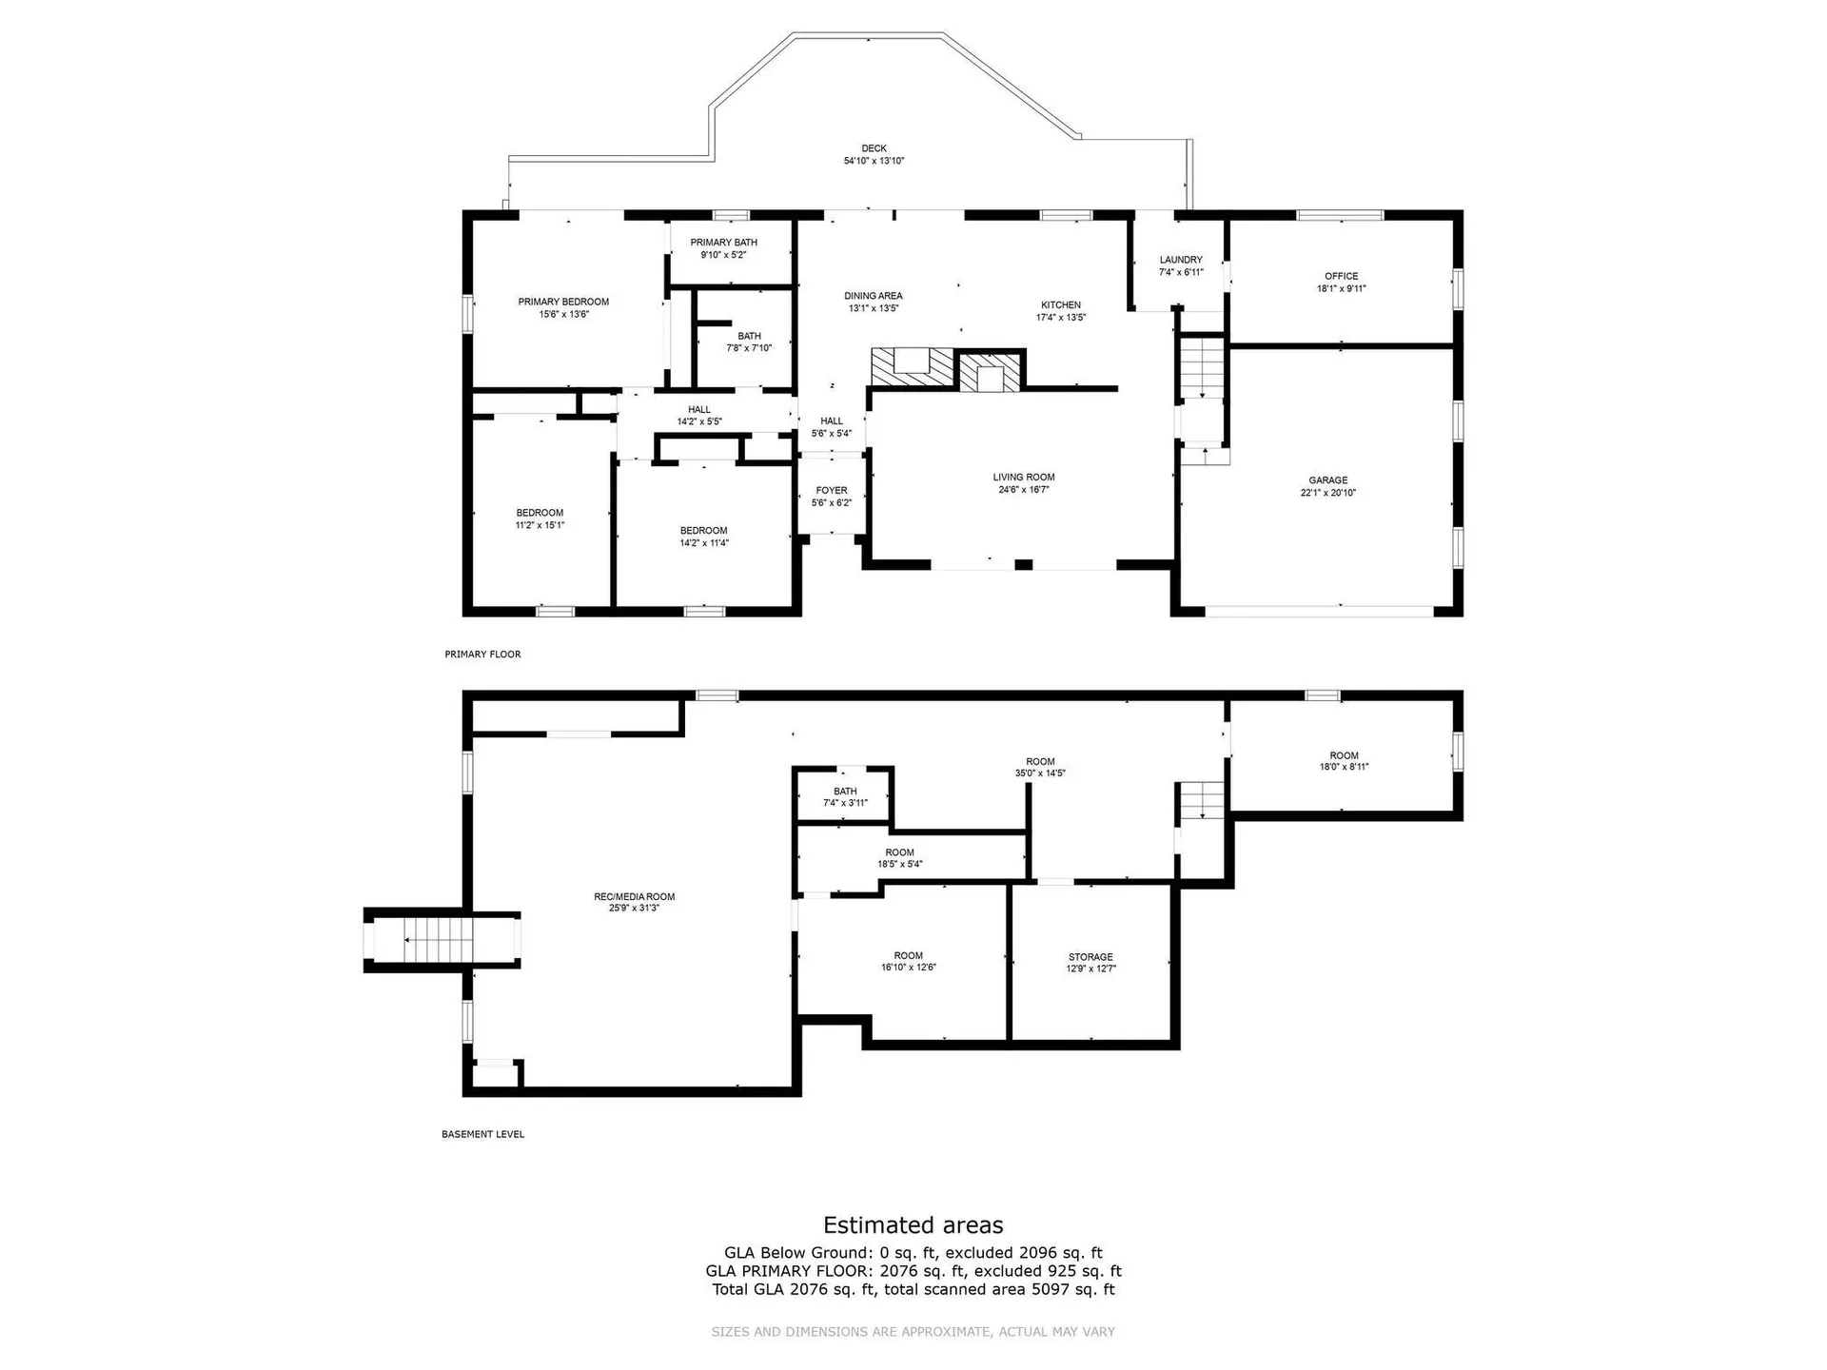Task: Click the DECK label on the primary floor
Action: (874, 148)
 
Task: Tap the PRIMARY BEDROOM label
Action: (563, 302)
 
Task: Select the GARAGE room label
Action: (1327, 480)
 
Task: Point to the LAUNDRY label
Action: (1181, 260)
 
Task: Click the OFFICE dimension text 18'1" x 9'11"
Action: (1342, 288)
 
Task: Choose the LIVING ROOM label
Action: (1024, 478)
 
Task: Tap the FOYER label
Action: (832, 491)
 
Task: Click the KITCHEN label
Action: (1061, 305)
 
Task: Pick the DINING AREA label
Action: (874, 296)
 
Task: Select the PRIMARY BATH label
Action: (724, 243)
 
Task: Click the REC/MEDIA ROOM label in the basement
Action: (635, 896)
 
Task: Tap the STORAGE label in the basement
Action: (1090, 957)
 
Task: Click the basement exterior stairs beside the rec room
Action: (438, 940)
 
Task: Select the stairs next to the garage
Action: (1202, 367)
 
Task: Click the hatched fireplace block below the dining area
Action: (912, 367)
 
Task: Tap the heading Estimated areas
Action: (913, 1225)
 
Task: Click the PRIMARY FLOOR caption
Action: (482, 655)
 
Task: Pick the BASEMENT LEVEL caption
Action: (482, 1134)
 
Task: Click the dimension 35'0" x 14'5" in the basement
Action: (1040, 773)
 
